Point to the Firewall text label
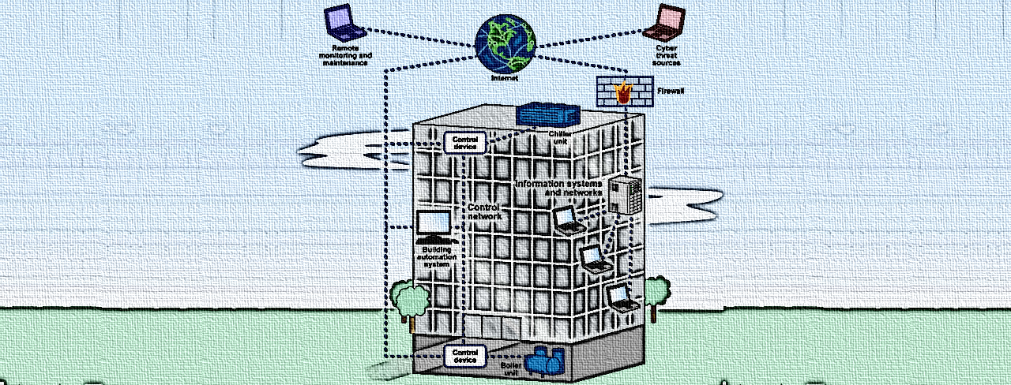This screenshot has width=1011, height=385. pyautogui.click(x=671, y=92)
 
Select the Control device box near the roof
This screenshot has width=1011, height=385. pyautogui.click(x=465, y=143)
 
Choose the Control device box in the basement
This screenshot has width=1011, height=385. pyautogui.click(x=465, y=356)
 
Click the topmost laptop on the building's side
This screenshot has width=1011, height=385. pyautogui.click(x=569, y=219)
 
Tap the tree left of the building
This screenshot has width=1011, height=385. pyautogui.click(x=408, y=298)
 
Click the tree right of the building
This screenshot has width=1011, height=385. pyautogui.click(x=655, y=293)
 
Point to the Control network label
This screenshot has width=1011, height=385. pyautogui.click(x=485, y=211)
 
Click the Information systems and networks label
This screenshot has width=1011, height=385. pyautogui.click(x=558, y=188)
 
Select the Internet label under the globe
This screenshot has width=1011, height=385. pyautogui.click(x=505, y=79)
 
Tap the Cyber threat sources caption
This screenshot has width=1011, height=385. pyautogui.click(x=667, y=55)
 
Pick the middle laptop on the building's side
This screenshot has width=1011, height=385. pyautogui.click(x=594, y=260)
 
